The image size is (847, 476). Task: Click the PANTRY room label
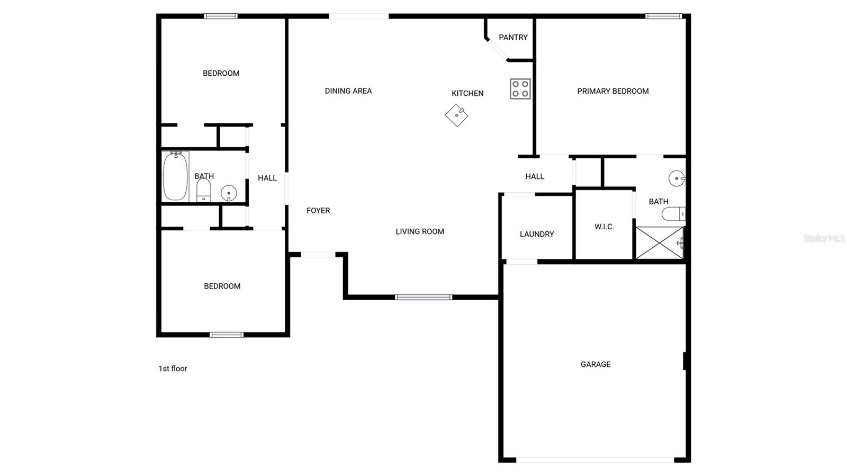[513, 38]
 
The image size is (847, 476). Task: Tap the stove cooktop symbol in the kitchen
[520, 89]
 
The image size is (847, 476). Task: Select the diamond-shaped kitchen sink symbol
[456, 115]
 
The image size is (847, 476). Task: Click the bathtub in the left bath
[175, 176]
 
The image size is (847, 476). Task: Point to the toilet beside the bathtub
[204, 190]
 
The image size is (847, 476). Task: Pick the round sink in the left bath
[229, 193]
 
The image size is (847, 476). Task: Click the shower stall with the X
[659, 243]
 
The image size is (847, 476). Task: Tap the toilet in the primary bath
[674, 214]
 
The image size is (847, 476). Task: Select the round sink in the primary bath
[677, 178]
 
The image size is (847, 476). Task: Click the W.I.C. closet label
[604, 227]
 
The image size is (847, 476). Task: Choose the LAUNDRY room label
[537, 234]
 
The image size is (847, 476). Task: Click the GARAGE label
[596, 364]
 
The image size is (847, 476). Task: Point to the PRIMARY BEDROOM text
[612, 91]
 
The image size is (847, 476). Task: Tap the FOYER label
[318, 211]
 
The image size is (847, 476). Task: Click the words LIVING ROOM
[420, 231]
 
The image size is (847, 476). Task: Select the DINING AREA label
[348, 91]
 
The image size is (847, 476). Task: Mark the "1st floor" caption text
[173, 369]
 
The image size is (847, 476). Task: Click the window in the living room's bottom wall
[424, 297]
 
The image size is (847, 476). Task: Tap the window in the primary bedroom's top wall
[663, 16]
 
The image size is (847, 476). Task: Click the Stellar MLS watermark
[824, 238]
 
